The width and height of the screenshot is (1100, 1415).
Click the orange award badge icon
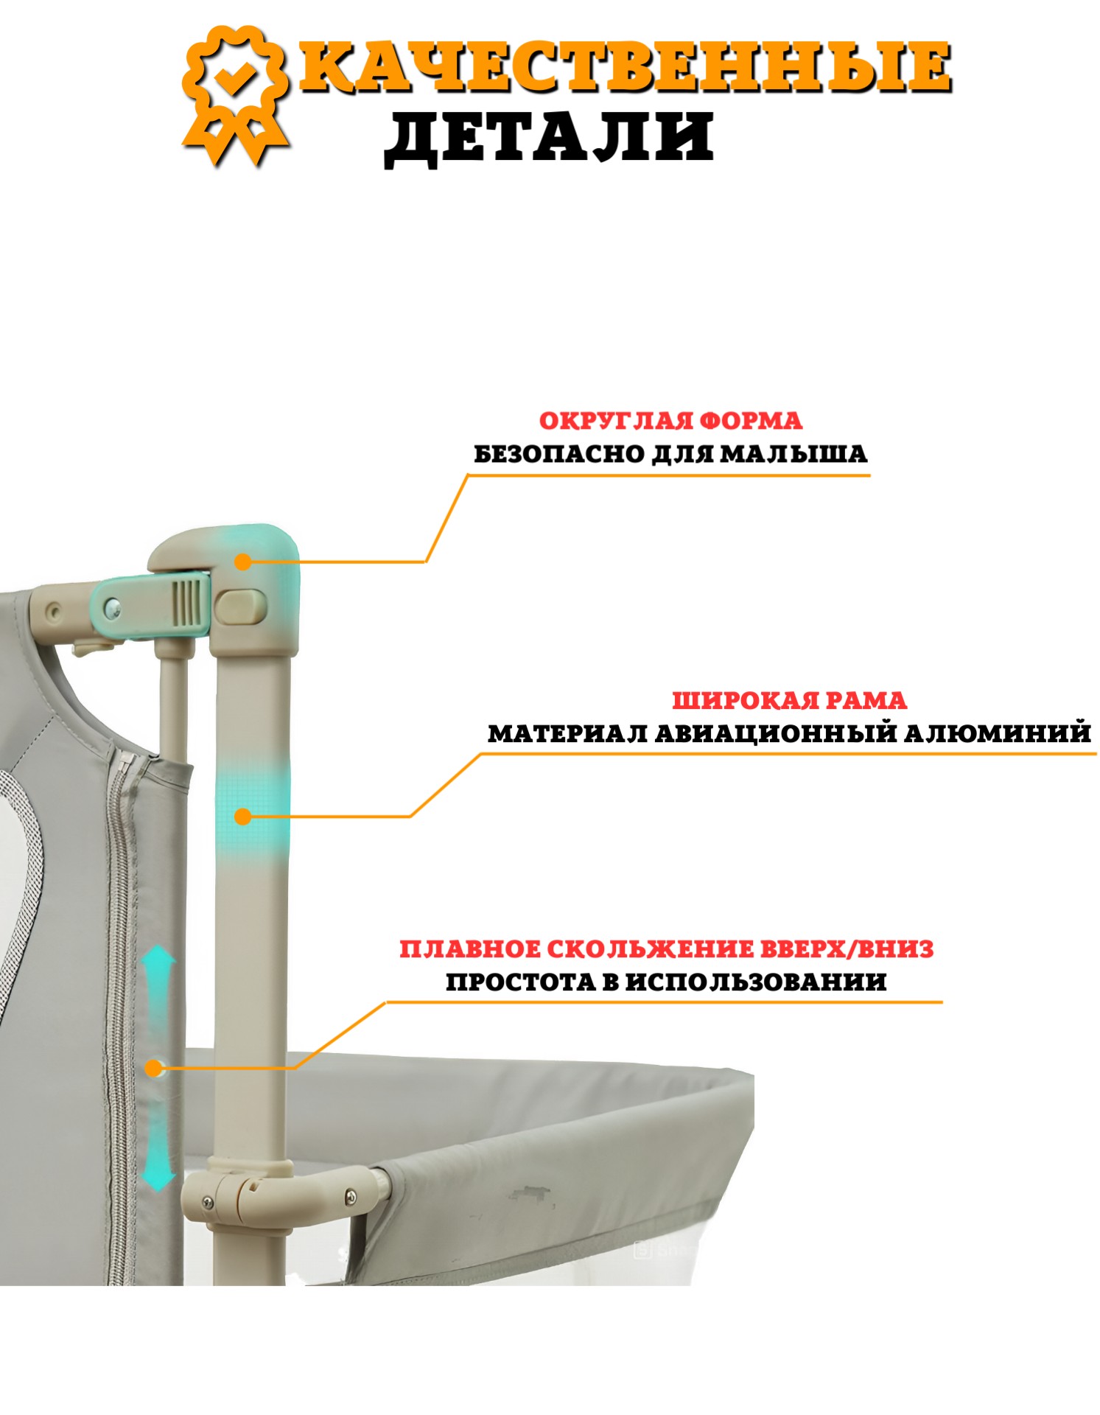click(x=235, y=95)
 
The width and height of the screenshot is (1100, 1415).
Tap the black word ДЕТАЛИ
click(x=549, y=138)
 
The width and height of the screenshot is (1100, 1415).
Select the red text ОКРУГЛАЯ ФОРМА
click(x=670, y=421)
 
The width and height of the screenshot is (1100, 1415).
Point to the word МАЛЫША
click(x=794, y=453)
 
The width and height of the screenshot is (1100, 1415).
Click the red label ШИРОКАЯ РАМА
click(x=789, y=700)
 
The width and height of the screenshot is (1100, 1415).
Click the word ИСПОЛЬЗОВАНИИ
click(x=756, y=982)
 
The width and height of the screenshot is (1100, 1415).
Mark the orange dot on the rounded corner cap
click(x=242, y=562)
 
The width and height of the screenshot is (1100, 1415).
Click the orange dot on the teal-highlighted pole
click(x=242, y=816)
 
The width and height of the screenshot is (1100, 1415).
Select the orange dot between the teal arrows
click(x=153, y=1068)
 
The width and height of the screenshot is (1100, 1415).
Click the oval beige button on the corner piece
click(x=241, y=606)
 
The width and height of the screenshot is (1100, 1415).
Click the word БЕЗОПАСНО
click(x=559, y=453)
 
